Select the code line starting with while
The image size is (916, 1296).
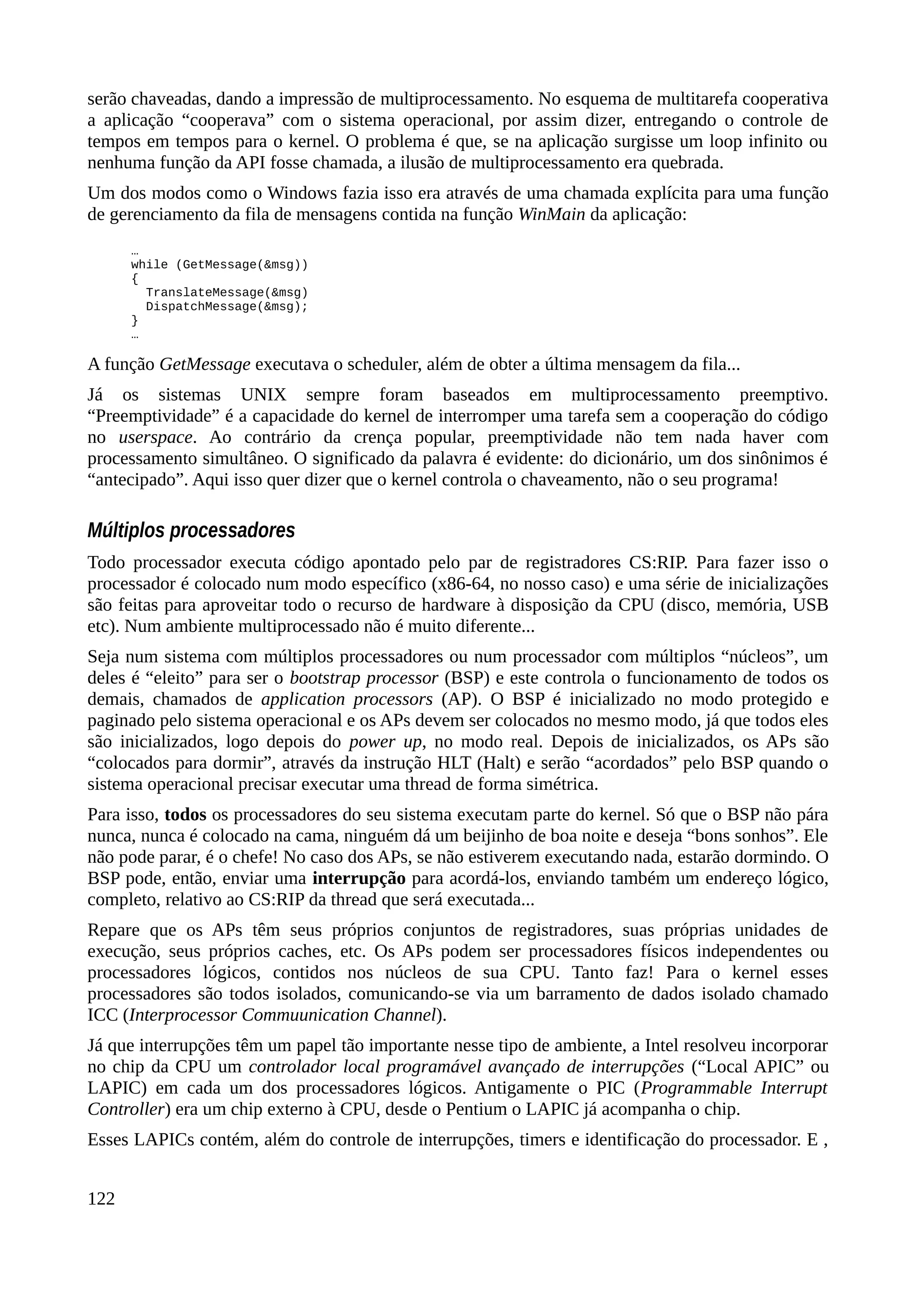point(220,265)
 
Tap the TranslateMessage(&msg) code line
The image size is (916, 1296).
point(227,292)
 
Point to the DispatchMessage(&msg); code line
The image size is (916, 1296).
point(227,306)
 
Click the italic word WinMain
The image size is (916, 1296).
point(551,215)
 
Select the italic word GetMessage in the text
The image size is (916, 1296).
point(205,364)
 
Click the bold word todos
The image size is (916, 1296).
point(185,815)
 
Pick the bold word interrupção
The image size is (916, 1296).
point(359,878)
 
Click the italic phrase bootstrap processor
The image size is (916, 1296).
point(364,678)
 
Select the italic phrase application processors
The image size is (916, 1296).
point(347,699)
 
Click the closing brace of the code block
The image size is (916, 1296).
point(134,321)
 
